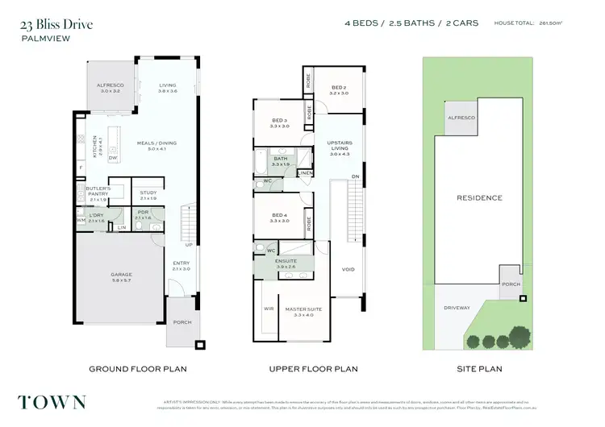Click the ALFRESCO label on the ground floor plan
point(109,84)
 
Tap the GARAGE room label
point(121,275)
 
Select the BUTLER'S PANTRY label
point(98,190)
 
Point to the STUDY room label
point(148,193)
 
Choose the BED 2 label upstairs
point(339,88)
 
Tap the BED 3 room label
point(279,122)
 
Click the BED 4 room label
point(279,215)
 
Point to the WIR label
point(269,308)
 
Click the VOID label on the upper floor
point(348,269)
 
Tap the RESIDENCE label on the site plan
point(479,197)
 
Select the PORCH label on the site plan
point(509,284)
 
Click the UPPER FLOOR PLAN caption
point(314,369)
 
